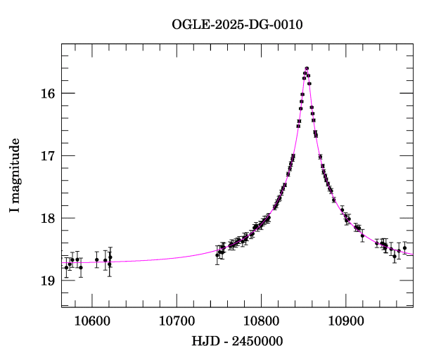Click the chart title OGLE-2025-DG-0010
(x=238, y=26)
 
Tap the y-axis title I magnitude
(x=15, y=176)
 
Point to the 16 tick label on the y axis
(x=48, y=94)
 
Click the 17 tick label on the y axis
(x=48, y=156)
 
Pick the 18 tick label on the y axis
(x=48, y=218)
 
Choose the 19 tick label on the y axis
(x=48, y=281)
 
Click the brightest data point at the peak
(x=307, y=68)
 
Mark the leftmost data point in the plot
(x=66, y=267)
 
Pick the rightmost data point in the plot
(x=404, y=248)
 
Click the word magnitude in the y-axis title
(x=15, y=168)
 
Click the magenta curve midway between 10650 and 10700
(x=155, y=259)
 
